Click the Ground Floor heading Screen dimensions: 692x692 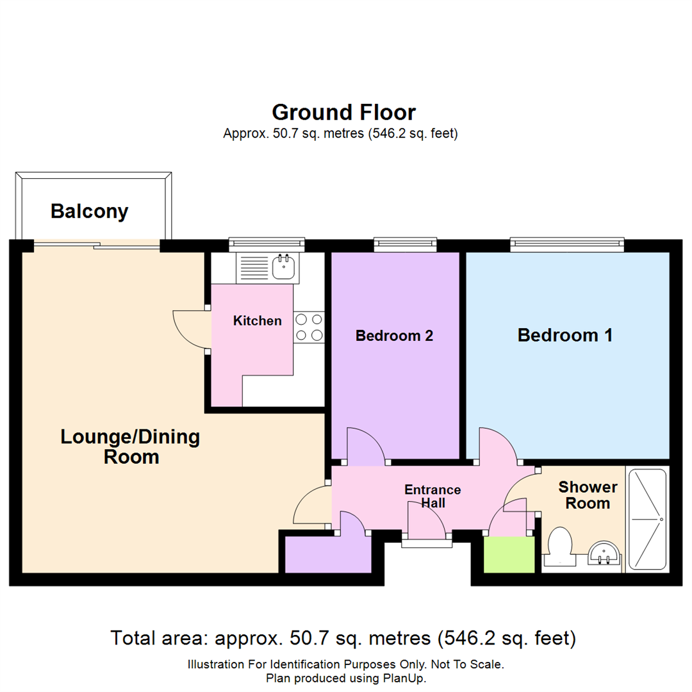(x=344, y=112)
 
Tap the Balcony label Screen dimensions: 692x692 (x=90, y=211)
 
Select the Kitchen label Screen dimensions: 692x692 (x=257, y=320)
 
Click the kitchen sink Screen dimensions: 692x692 (x=283, y=267)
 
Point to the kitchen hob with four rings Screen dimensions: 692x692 (x=309, y=327)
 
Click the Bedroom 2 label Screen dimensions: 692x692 (x=394, y=335)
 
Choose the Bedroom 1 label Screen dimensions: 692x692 (x=565, y=334)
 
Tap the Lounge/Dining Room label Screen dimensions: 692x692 (x=131, y=447)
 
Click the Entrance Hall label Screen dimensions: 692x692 (x=432, y=497)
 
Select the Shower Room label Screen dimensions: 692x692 (x=584, y=495)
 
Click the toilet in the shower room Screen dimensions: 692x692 (x=560, y=543)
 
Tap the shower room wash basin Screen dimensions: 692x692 (x=604, y=552)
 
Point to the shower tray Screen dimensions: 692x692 (x=647, y=519)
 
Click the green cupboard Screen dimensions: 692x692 (x=509, y=554)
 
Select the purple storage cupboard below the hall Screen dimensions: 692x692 (x=327, y=554)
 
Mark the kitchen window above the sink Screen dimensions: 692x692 (x=267, y=243)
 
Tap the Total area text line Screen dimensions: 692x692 (x=344, y=638)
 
